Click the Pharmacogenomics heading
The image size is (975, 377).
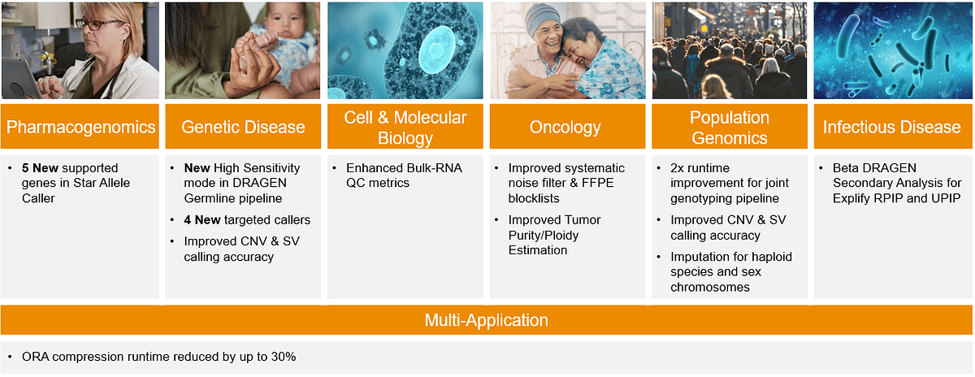[80, 127]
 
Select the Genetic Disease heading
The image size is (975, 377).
[243, 127]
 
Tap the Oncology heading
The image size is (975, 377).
[565, 127]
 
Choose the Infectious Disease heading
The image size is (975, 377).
[891, 127]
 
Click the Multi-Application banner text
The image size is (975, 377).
[486, 320]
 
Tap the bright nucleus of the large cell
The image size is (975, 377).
[436, 50]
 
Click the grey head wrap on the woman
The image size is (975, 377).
[543, 19]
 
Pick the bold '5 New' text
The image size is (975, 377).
[40, 168]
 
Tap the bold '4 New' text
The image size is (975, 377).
[202, 220]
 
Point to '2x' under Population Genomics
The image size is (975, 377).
[678, 168]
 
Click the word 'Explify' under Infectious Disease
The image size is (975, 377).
[851, 198]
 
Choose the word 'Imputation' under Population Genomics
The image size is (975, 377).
[700, 257]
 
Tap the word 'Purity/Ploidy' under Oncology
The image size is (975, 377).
[544, 236]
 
